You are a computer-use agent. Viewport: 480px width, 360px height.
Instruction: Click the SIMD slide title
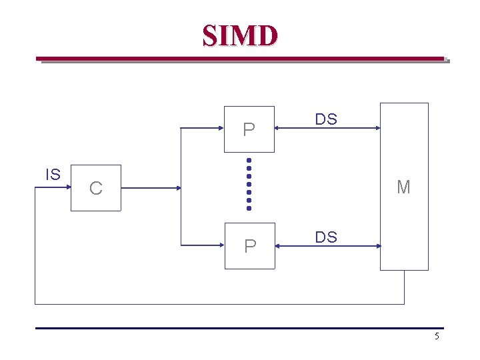tap(240, 35)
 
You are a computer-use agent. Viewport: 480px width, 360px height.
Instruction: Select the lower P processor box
tap(249, 245)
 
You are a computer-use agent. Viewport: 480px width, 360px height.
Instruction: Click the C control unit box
tap(96, 188)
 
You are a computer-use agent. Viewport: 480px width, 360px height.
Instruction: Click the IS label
tap(53, 175)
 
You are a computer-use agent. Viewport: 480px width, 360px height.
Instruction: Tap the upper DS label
tap(326, 119)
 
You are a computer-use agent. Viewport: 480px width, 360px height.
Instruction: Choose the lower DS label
tap(326, 237)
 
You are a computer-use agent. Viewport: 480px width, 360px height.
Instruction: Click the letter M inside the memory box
tap(403, 187)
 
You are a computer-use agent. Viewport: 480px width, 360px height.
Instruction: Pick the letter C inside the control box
tap(96, 189)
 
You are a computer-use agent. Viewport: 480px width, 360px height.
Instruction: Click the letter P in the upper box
tap(249, 129)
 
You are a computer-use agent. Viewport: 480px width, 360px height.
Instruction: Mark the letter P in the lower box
tap(249, 247)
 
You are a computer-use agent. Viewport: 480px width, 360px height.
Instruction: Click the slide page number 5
tap(437, 336)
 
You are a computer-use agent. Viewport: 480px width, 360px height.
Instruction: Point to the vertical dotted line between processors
tap(249, 184)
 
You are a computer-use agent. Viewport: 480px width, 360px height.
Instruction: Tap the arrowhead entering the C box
tap(67, 188)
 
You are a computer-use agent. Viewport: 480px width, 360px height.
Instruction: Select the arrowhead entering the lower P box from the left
tap(221, 246)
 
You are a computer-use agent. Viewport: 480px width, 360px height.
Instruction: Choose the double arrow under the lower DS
tap(327, 246)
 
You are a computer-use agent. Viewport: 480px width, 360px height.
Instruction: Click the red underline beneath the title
tap(240, 59)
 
